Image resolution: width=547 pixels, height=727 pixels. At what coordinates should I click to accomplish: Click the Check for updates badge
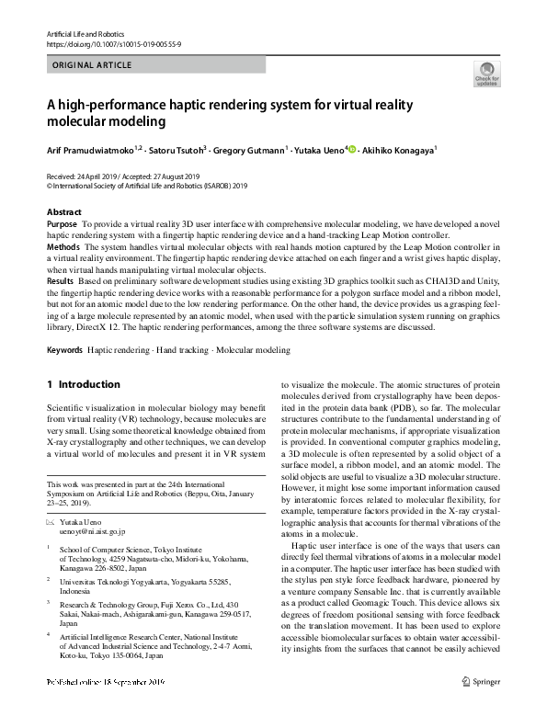485,73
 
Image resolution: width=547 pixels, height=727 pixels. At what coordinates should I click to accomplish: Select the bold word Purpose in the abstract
62,224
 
